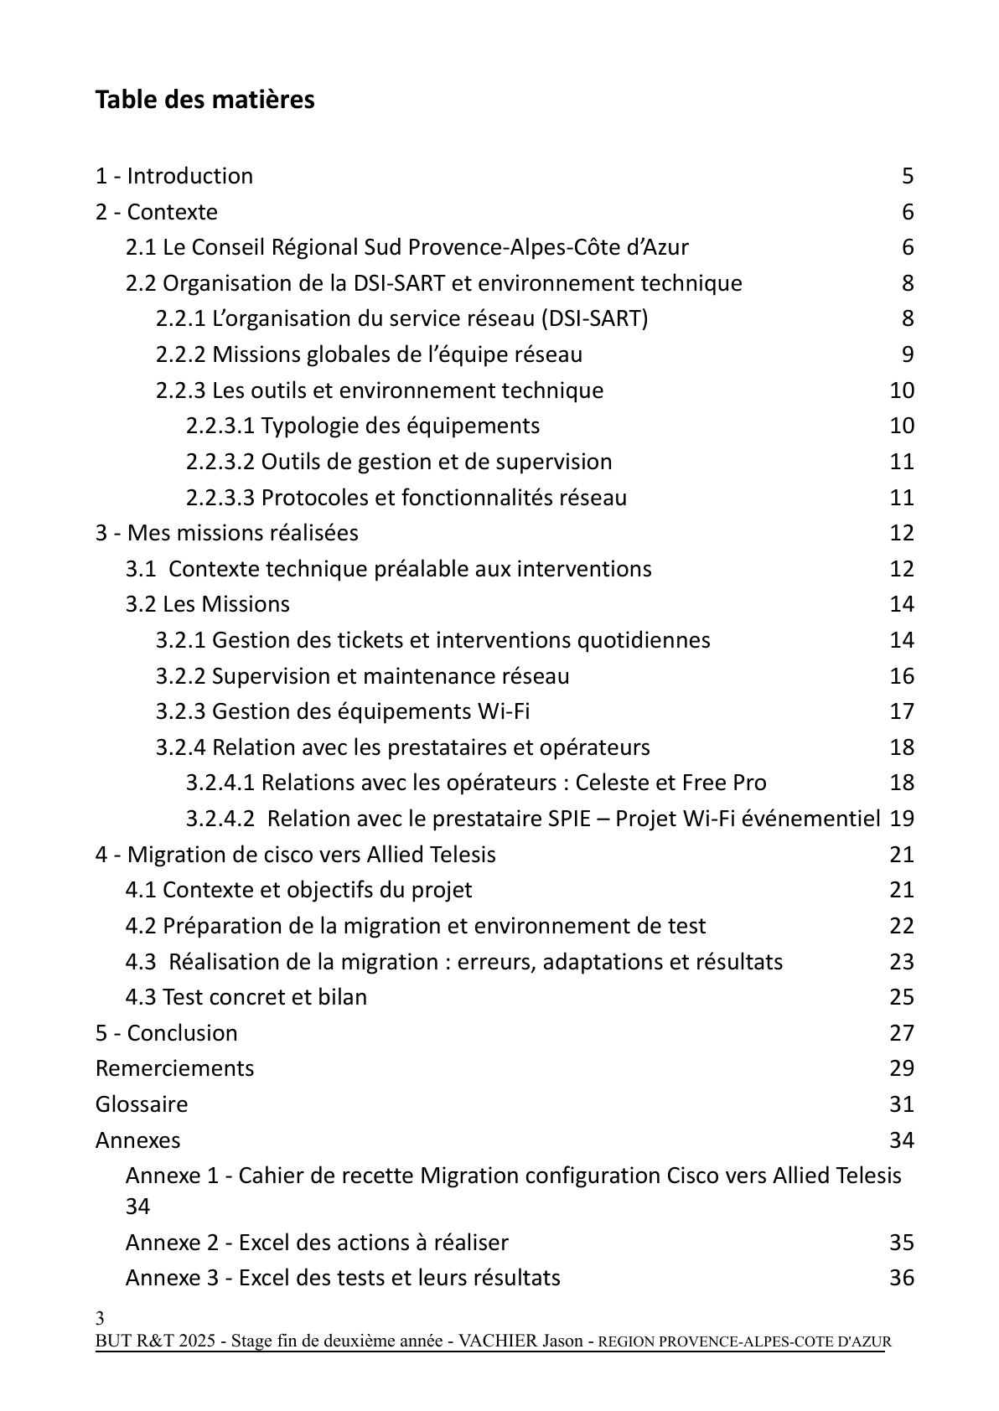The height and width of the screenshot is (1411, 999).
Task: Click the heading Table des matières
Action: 204,100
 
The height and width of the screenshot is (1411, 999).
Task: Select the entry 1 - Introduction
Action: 174,176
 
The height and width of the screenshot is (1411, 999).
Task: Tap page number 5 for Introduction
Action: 908,176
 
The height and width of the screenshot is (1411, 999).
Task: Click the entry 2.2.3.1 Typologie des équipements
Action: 363,426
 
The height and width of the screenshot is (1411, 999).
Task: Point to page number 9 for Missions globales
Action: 908,354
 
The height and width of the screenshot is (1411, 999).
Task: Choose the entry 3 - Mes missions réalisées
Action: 227,533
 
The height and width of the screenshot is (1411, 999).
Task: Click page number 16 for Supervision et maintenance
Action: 902,676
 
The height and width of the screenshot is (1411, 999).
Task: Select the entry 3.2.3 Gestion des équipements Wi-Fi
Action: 343,711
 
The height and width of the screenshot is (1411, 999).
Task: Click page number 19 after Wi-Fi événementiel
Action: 902,819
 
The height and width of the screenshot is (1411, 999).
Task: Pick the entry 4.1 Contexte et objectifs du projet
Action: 298,890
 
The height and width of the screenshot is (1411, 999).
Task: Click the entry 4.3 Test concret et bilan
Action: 246,997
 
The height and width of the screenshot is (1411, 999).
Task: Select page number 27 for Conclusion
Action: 902,1033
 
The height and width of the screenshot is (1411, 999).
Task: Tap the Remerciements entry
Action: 174,1068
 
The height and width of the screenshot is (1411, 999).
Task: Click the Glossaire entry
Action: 142,1104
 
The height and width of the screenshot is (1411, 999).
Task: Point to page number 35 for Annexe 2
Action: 902,1243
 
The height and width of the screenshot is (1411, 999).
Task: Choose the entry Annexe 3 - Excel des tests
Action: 343,1278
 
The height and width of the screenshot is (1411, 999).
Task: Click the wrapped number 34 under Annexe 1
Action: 137,1207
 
